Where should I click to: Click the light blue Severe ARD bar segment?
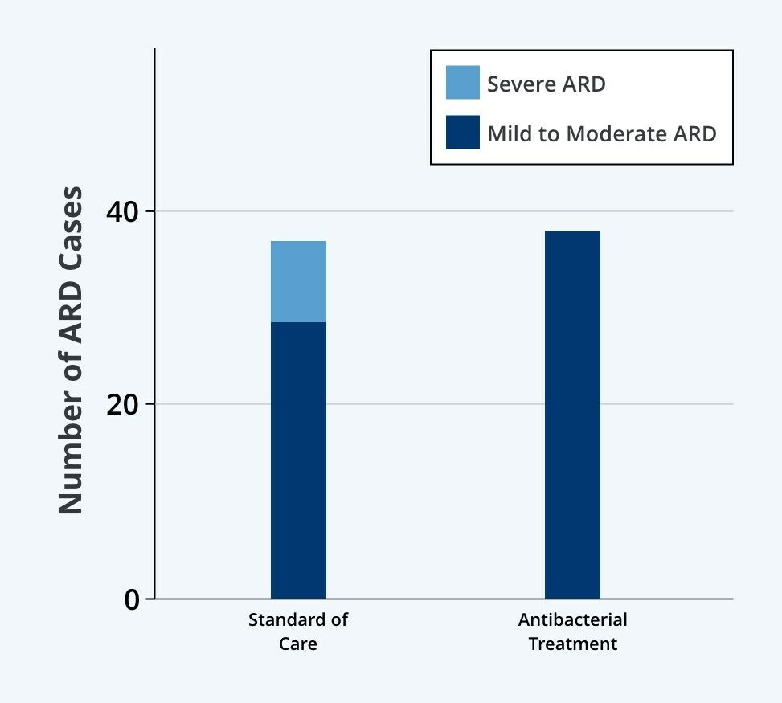pos(298,281)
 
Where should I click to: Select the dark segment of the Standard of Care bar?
pos(298,460)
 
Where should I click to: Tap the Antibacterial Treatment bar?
pos(572,415)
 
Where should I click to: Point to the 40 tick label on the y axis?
pos(122,211)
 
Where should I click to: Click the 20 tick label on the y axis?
pos(122,404)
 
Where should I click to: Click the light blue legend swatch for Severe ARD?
pos(463,83)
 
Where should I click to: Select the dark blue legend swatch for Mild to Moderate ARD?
pos(463,133)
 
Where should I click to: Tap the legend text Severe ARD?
pos(546,84)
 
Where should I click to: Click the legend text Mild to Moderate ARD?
pos(601,133)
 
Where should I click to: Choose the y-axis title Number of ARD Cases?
pos(71,349)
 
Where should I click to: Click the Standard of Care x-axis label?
pos(298,631)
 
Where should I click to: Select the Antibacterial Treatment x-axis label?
pos(572,631)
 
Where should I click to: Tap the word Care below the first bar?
pos(298,644)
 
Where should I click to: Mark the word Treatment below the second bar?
pos(572,644)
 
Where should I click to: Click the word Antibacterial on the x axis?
pos(572,619)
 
